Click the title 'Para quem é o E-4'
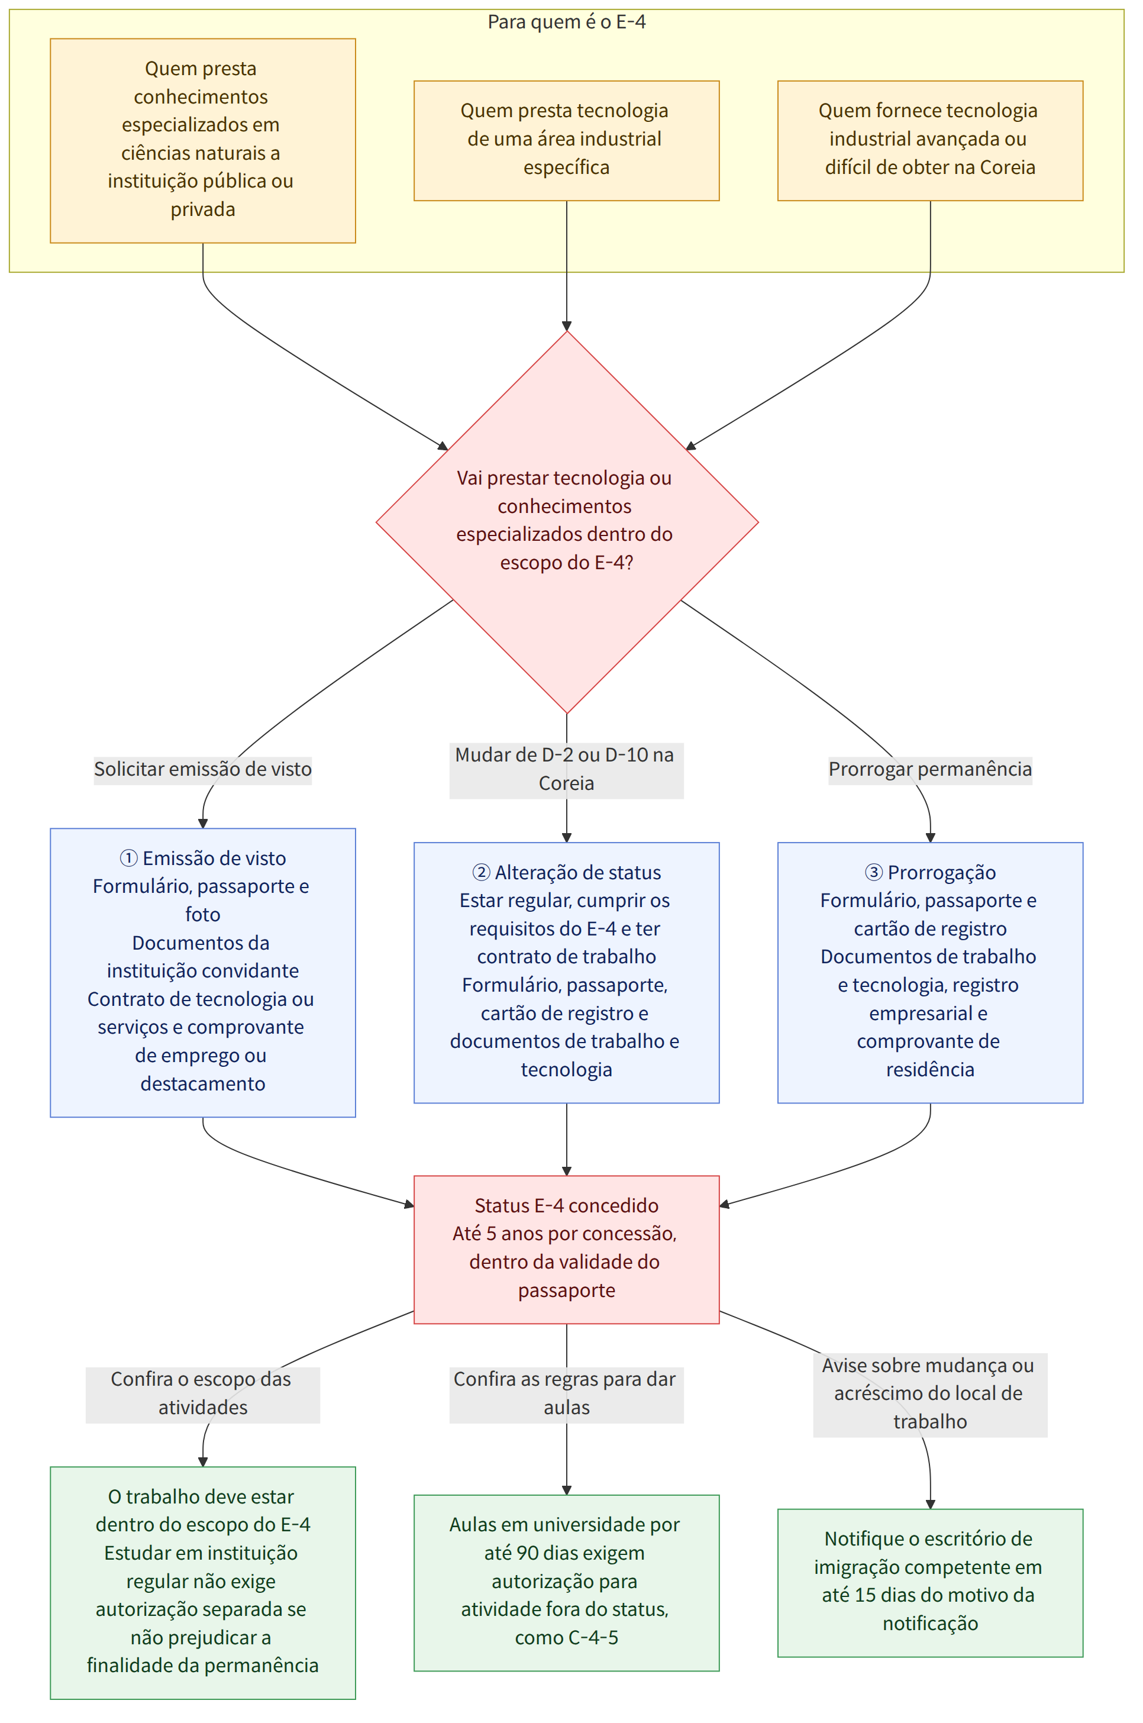point(566,22)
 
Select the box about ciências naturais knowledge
point(203,141)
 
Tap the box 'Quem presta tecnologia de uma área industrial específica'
point(566,141)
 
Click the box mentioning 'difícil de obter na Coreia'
point(930,141)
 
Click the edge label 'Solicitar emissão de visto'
point(203,769)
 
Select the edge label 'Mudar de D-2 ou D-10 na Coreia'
point(566,769)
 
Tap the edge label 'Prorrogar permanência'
point(930,769)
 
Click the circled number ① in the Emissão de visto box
point(128,858)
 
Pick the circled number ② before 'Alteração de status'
point(481,872)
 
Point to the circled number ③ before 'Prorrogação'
point(873,872)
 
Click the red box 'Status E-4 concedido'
point(566,1249)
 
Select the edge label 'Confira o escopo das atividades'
point(203,1393)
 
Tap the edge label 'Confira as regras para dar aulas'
point(566,1393)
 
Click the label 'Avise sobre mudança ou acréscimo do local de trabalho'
point(930,1393)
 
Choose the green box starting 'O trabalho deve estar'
point(203,1582)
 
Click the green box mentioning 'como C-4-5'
point(566,1582)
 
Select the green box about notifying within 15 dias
point(930,1582)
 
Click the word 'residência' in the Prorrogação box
point(930,1069)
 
